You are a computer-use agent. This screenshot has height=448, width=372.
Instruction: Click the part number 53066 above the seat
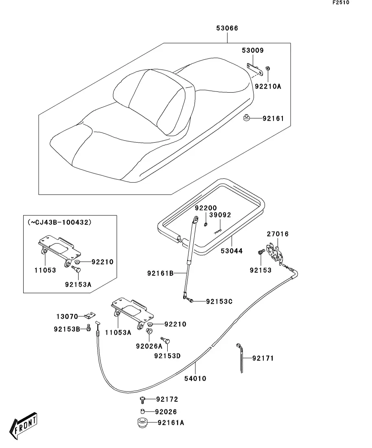[x=227, y=28]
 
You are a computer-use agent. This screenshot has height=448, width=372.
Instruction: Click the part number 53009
[x=252, y=51]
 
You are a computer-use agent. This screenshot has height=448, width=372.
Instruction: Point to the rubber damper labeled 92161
[x=247, y=118]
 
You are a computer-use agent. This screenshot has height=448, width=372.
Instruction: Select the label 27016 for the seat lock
[x=278, y=234]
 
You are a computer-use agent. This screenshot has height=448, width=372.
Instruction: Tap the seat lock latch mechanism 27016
[x=275, y=253]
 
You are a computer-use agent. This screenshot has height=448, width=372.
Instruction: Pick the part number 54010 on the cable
[x=196, y=379]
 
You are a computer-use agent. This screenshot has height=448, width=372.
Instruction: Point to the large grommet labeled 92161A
[x=141, y=422]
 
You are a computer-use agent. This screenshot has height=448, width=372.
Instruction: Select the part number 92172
[x=167, y=400]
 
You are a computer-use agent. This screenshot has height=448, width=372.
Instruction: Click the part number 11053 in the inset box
[x=45, y=270]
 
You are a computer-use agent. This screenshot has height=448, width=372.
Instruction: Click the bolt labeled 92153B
[x=88, y=328]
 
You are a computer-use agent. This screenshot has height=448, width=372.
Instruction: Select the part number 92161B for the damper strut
[x=160, y=274]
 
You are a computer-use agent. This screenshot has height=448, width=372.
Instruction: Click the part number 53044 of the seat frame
[x=232, y=251]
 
